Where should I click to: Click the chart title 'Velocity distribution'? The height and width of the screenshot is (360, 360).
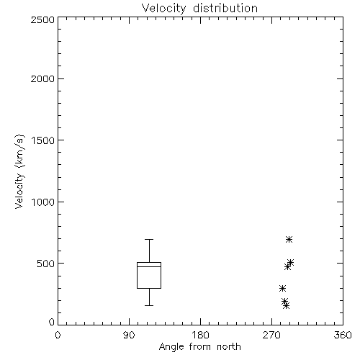199,9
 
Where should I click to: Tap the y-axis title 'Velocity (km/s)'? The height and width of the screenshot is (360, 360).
19,171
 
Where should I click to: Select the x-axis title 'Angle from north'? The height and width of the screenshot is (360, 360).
199,347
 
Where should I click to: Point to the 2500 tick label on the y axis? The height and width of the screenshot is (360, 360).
42,19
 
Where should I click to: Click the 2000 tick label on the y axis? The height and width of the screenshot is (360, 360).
42,78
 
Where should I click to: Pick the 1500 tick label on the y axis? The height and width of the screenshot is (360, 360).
43,140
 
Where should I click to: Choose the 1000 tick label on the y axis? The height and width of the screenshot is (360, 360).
43,202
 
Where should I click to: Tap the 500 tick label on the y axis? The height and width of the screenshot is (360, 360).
46,264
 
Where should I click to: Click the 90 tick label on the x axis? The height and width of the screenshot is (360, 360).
129,335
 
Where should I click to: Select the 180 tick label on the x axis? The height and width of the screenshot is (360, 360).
200,335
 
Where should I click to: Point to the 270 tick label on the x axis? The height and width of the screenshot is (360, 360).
271,335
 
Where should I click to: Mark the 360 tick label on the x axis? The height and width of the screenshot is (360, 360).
343,335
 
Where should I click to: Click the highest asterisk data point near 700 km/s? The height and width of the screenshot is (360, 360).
289,239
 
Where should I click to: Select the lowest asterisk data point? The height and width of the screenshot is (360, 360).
286,305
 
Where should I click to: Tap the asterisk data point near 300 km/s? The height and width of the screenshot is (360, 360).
282,288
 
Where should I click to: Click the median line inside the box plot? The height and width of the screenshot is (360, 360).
149,266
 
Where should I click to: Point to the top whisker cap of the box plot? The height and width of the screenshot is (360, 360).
149,239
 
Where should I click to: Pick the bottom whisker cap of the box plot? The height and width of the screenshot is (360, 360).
149,305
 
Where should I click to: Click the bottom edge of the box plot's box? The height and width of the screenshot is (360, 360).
149,288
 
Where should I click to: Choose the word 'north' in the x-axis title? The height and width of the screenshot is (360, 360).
229,346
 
